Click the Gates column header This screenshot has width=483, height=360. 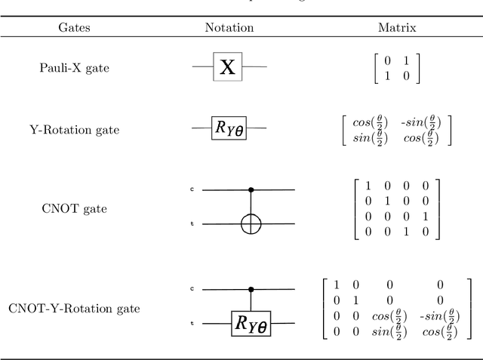74,28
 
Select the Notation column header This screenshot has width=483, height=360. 229,28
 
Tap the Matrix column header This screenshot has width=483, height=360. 397,28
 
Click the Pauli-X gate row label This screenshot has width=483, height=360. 74,68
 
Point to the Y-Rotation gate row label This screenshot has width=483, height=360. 74,129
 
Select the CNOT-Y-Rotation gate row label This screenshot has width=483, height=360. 74,308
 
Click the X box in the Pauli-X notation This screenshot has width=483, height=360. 226,68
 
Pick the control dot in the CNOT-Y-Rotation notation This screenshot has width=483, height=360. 250,288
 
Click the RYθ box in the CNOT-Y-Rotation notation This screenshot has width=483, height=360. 249,325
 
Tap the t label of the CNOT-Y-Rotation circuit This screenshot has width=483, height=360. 192,323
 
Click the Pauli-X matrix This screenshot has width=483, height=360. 397,69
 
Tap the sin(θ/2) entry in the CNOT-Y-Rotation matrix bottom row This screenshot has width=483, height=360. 392,333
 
